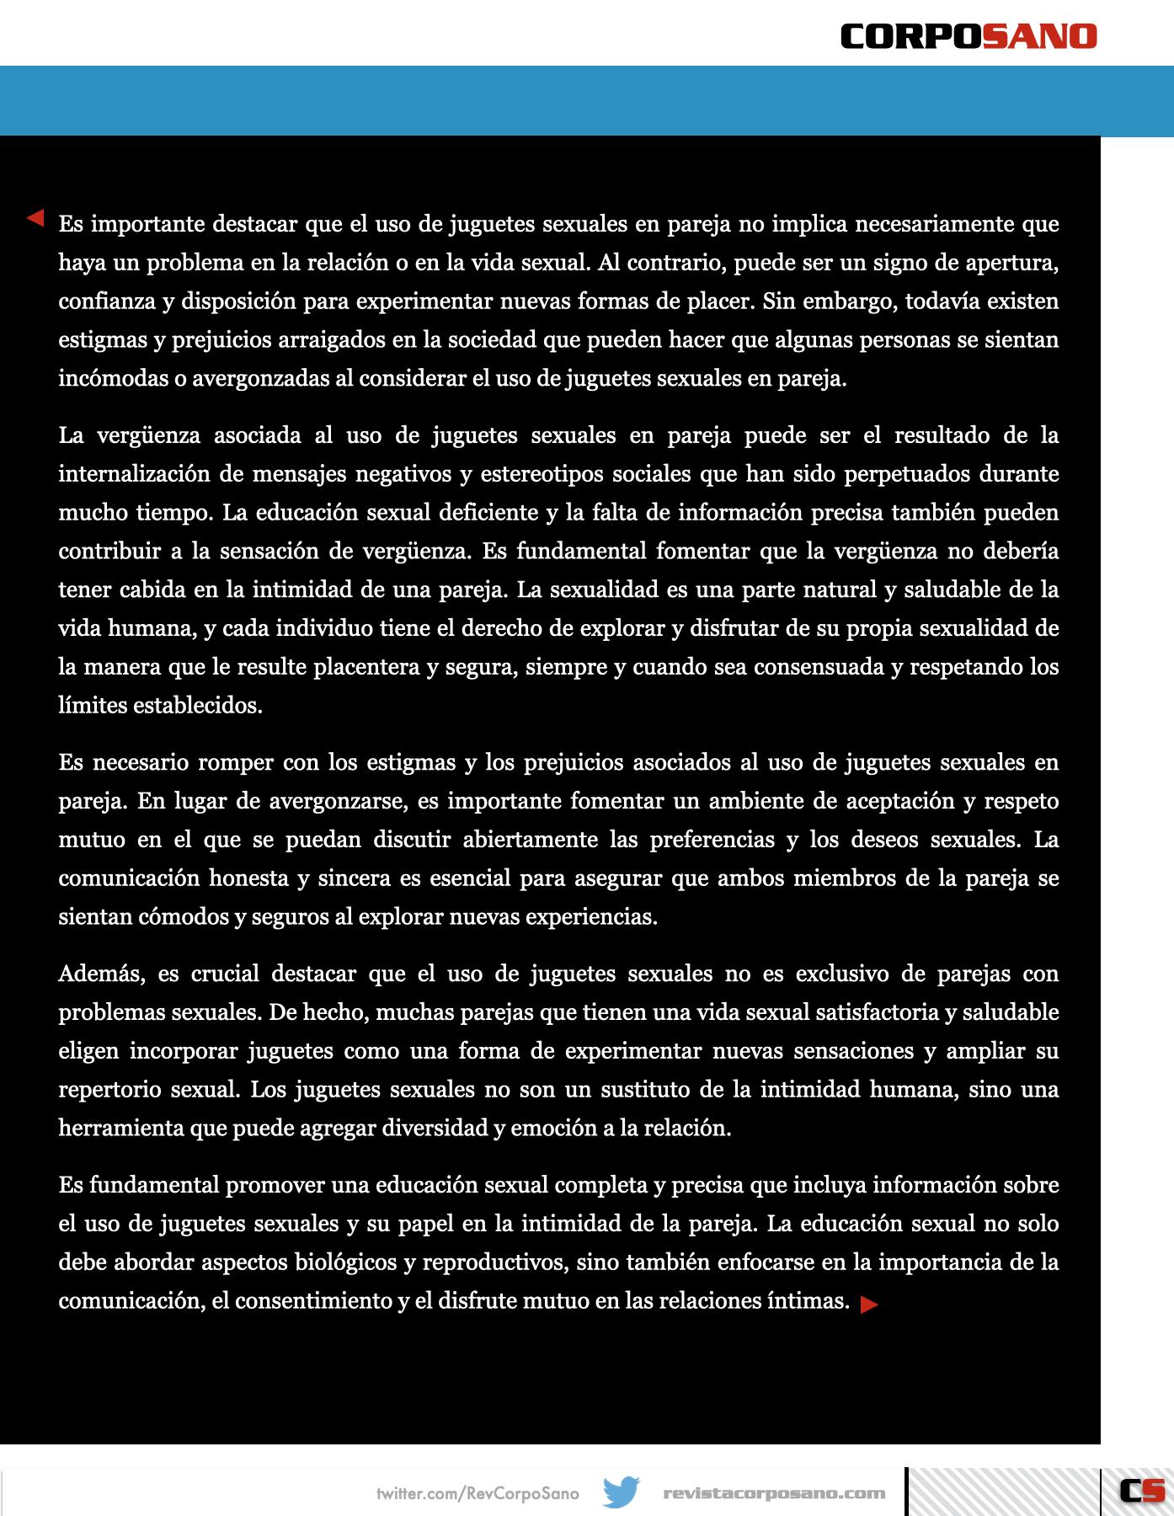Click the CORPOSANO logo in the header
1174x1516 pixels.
click(x=969, y=36)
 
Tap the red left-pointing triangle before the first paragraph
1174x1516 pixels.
click(x=35, y=218)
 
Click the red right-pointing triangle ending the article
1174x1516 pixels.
click(x=869, y=1305)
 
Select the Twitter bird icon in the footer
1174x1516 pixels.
click(x=622, y=1492)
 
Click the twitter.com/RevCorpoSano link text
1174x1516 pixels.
click(x=478, y=1493)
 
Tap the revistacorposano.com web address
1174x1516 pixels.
click(x=774, y=1493)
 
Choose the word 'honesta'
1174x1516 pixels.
click(x=248, y=878)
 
